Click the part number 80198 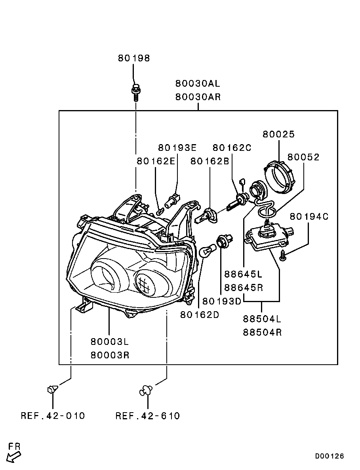tap(134, 59)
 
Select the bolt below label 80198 tap(135, 92)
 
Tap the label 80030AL tap(198, 84)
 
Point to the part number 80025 tap(279, 135)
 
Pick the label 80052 tap(303, 157)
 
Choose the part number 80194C tap(309, 217)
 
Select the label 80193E tap(177, 148)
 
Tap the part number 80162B tap(210, 161)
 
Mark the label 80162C tap(232, 148)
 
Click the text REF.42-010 tap(53, 416)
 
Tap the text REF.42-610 tap(148, 416)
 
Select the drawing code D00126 tap(330, 456)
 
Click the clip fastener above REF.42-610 tap(147, 391)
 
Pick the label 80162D tap(200, 315)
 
